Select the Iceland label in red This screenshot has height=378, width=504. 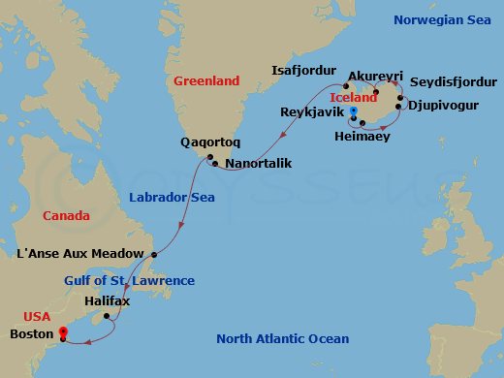(x=354, y=98)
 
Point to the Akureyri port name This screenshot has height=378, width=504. (x=375, y=75)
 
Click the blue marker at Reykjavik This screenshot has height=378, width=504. (x=354, y=112)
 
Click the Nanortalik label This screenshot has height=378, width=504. (x=260, y=164)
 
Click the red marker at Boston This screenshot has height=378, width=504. (x=63, y=331)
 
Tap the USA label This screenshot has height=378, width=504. (x=37, y=316)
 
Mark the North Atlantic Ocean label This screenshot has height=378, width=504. (x=282, y=338)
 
